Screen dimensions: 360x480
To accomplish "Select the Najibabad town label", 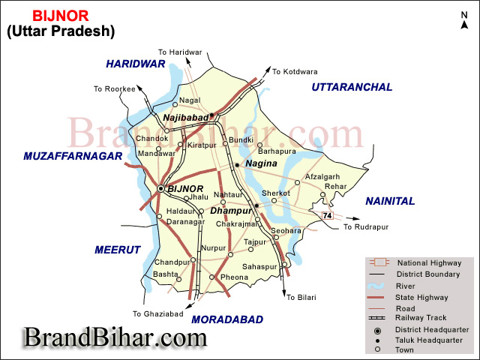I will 185,117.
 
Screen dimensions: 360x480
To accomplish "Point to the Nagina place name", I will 261,163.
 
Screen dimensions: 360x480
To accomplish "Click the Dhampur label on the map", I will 230,211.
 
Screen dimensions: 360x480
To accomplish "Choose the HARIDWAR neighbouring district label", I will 135,64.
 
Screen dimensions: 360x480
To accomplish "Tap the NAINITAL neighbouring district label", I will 390,201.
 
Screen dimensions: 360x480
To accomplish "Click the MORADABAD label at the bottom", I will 227,319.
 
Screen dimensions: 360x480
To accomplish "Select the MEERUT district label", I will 118,250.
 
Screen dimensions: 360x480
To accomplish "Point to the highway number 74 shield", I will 326,216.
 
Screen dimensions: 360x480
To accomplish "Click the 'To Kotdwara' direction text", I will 291,72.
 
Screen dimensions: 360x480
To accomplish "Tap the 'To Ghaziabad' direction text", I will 158,313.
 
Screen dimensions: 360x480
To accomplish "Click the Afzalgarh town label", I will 322,177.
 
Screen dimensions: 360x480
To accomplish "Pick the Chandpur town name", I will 172,262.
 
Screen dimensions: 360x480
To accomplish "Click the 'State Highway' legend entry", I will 421,296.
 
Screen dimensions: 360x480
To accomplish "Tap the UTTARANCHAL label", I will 352,87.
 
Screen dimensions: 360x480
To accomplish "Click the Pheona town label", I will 234,277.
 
